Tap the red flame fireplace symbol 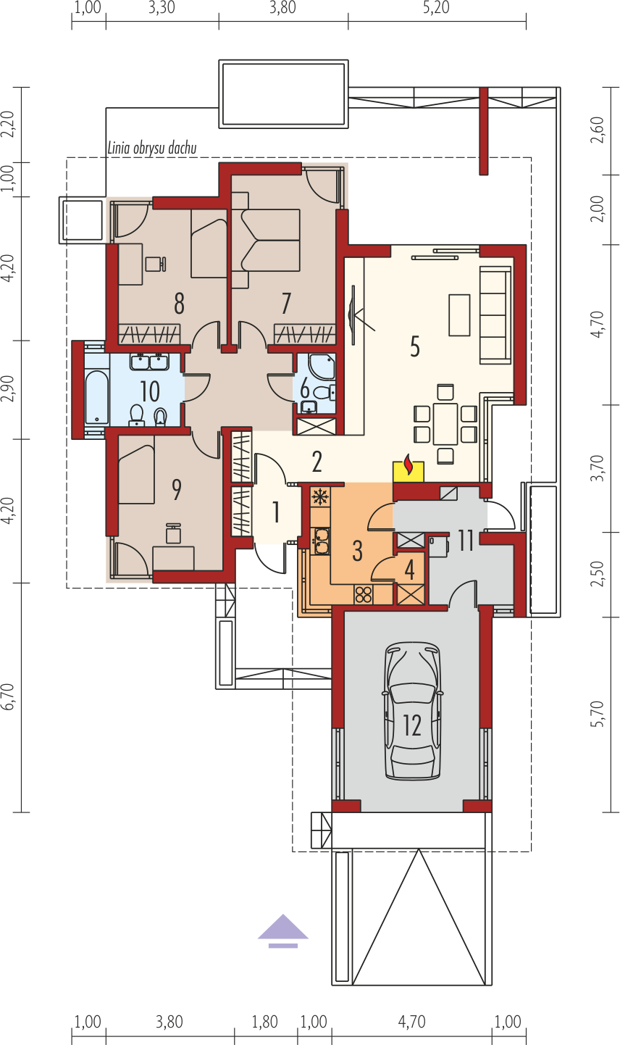(409, 465)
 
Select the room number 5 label (415, 346)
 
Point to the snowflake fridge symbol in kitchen (320, 497)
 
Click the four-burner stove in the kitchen (364, 595)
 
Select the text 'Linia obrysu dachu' (152, 149)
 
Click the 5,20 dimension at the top (436, 8)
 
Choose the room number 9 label (177, 489)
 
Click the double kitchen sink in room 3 (320, 541)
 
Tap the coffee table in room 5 (459, 315)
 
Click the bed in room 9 (136, 474)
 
